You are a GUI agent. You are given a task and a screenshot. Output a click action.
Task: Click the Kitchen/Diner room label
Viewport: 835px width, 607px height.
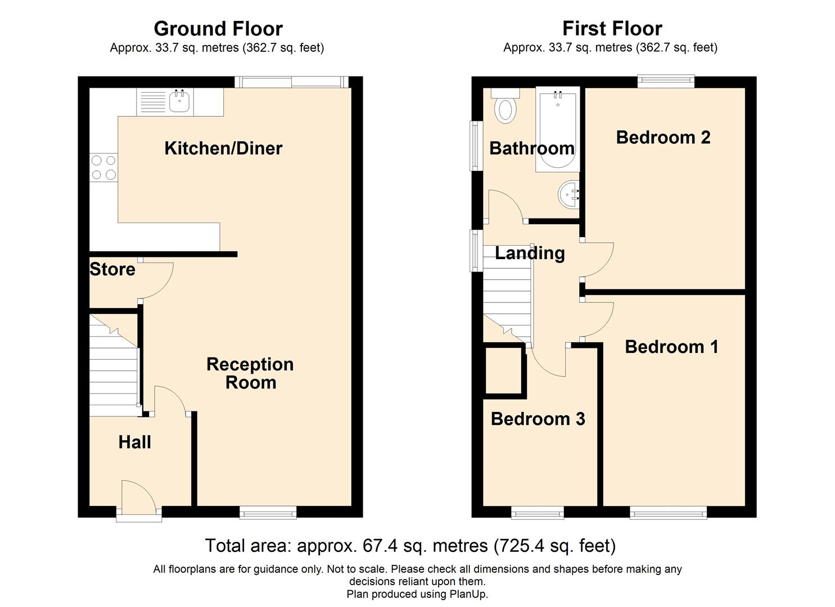coord(223,148)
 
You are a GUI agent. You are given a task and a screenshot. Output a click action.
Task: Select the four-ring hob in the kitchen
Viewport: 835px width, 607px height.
coord(103,167)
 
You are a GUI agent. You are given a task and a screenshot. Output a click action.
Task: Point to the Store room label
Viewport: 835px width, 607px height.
coord(112,269)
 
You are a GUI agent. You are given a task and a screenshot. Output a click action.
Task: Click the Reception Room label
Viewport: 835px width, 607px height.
coord(250,373)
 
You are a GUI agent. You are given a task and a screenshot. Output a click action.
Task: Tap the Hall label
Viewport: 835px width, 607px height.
coord(134,442)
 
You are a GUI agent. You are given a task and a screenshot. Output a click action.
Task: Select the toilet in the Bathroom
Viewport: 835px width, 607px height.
coord(505,108)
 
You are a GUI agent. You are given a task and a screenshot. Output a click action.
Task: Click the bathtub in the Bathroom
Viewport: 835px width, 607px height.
coord(557,129)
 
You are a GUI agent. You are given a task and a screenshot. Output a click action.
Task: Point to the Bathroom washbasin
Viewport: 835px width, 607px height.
coord(570,195)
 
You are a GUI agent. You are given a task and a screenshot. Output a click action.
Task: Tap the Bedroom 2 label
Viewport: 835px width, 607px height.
coord(663,137)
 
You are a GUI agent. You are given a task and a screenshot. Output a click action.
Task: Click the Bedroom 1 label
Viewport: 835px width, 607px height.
coord(671,347)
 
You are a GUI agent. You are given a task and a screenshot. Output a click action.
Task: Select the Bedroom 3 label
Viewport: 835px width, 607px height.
coord(538,419)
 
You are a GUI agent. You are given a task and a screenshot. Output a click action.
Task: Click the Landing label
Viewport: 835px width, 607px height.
coord(530,253)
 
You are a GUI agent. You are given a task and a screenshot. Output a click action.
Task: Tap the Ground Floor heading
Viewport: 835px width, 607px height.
coord(218,28)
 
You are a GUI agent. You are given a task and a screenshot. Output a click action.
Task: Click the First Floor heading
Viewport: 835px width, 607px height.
coord(612,28)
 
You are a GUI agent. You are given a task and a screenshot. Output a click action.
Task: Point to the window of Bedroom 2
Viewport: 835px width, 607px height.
coord(666,82)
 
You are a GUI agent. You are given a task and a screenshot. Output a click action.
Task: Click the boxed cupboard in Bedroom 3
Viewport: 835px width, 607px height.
coord(504,370)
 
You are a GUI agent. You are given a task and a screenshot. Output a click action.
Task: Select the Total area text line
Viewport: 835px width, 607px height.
coord(410,546)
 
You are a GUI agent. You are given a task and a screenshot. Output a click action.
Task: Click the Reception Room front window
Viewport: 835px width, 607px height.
coord(268,511)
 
